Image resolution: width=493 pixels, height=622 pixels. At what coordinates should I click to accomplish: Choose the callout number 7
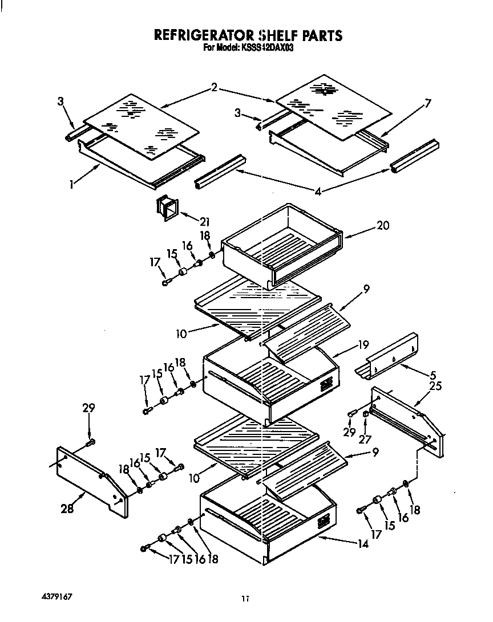click(427, 103)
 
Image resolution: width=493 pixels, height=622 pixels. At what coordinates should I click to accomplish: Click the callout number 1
click(72, 185)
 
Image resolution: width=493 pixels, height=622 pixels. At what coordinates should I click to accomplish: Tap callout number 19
click(363, 344)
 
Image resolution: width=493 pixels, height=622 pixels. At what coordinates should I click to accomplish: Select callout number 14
click(363, 543)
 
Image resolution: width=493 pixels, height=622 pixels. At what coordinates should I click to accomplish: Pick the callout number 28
click(67, 509)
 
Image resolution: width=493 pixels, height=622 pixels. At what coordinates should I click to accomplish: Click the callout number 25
click(435, 387)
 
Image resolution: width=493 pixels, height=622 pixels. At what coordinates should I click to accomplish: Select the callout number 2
click(214, 87)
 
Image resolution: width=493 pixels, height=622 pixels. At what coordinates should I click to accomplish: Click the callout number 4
click(318, 192)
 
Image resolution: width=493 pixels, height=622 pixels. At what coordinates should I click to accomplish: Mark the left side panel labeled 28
click(91, 480)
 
